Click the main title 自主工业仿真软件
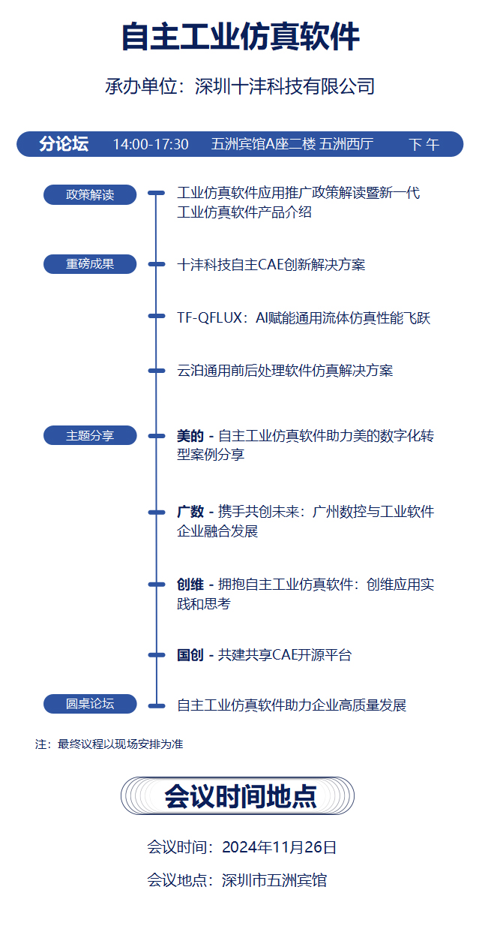(240, 37)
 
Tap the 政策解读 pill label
(90, 194)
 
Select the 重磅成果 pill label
(90, 264)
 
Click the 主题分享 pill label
(90, 435)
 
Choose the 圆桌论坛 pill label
(90, 704)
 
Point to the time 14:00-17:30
(151, 145)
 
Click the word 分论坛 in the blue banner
(64, 143)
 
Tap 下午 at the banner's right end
(424, 145)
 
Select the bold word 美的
(190, 436)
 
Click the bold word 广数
(190, 512)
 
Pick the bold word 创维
(190, 585)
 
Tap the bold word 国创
(190, 655)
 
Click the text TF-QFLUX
(209, 318)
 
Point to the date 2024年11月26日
(279, 847)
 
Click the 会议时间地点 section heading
(240, 796)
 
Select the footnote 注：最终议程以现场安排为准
(109, 744)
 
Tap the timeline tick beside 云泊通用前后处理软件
(156, 371)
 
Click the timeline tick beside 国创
(156, 655)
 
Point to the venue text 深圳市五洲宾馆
(274, 880)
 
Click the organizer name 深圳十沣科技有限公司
(285, 86)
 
